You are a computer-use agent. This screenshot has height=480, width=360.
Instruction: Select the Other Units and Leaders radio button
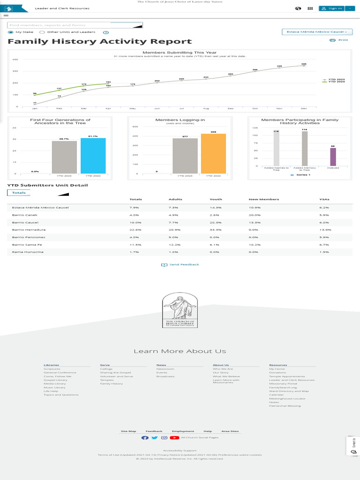(x=42, y=32)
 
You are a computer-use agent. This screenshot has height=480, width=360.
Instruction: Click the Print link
(x=339, y=40)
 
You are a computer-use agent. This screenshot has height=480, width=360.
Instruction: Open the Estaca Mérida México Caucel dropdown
(x=317, y=32)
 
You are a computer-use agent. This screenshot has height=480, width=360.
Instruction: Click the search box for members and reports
(x=60, y=25)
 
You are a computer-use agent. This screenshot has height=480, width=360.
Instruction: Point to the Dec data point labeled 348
(x=304, y=66)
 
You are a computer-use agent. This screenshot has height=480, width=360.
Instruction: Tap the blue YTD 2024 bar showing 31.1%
(x=93, y=156)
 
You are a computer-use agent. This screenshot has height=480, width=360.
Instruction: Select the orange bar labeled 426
(x=213, y=154)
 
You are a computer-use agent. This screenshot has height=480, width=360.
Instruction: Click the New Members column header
(x=263, y=199)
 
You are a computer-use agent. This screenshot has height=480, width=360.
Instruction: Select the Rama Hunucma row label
(x=28, y=252)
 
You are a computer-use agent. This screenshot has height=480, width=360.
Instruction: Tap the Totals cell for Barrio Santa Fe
(x=135, y=244)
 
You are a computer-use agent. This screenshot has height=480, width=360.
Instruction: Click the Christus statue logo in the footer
(x=180, y=310)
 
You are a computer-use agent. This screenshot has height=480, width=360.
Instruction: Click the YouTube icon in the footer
(x=174, y=438)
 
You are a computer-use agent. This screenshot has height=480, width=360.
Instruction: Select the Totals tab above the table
(x=19, y=193)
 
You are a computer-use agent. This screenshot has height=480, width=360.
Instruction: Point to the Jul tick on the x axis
(x=181, y=108)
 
